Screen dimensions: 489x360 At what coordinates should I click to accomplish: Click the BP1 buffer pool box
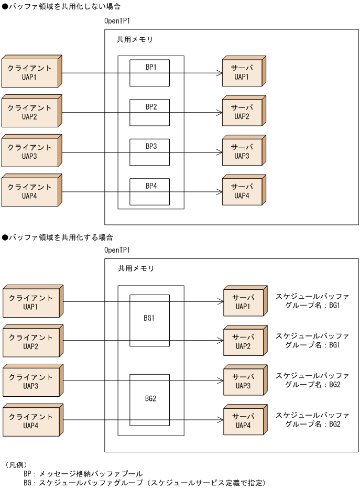(x=150, y=73)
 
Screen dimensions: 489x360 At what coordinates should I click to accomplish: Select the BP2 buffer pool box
(x=150, y=112)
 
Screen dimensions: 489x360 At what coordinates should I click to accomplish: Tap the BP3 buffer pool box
(x=150, y=152)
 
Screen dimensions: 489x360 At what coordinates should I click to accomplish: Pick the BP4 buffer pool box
(x=150, y=191)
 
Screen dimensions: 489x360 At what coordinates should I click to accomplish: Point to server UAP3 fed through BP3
(x=242, y=152)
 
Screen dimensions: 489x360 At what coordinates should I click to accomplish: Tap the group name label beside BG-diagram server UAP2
(x=312, y=341)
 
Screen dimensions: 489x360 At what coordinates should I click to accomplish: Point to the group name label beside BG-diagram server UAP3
(x=312, y=380)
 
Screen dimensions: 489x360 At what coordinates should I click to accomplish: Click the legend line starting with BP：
(x=83, y=473)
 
